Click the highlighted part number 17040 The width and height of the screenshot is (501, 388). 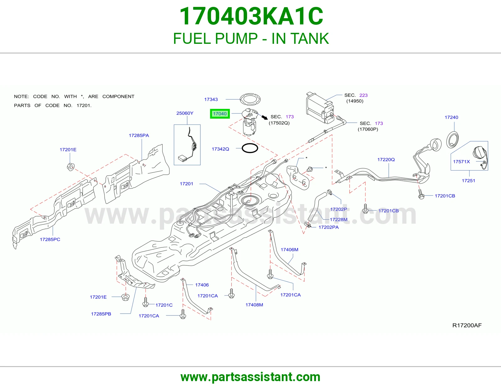(220, 114)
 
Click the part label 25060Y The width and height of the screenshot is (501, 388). (185, 113)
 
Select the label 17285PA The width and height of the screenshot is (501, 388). (139, 135)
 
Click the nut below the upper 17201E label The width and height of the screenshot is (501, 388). (70, 166)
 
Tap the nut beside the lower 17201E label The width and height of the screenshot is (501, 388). (126, 297)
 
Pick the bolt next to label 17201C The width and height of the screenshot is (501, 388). (146, 302)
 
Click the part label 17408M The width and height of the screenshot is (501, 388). (254, 304)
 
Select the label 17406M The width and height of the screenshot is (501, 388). (289, 249)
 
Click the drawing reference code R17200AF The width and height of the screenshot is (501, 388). (467, 325)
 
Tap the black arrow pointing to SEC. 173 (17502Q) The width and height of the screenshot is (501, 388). (265, 117)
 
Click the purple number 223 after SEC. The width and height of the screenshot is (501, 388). (363, 95)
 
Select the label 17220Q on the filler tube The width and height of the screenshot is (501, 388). (386, 160)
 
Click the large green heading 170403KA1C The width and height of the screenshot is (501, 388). (251, 16)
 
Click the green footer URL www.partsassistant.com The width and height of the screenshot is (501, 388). (250, 377)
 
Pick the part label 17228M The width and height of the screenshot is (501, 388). (338, 219)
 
